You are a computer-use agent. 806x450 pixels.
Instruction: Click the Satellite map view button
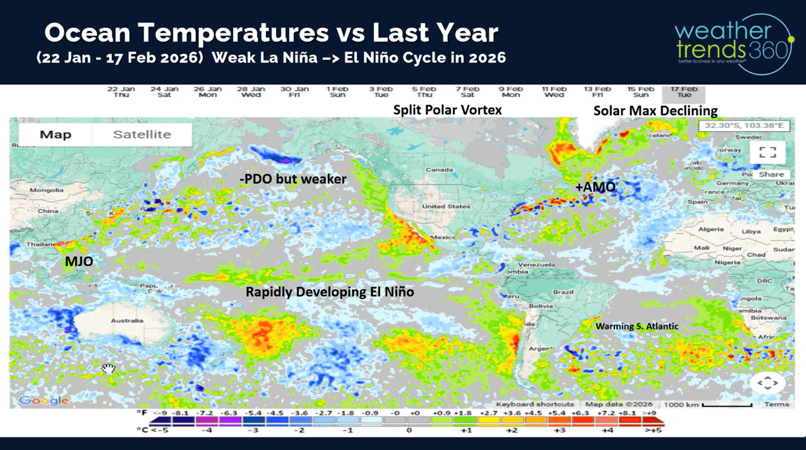click(142, 134)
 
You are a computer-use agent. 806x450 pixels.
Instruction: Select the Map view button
click(55, 134)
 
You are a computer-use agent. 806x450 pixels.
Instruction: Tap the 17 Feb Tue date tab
click(684, 92)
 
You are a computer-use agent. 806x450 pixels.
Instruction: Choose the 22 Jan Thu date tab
click(121, 92)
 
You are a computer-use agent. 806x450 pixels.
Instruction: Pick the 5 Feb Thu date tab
click(424, 92)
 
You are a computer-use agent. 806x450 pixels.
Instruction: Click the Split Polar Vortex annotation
click(447, 110)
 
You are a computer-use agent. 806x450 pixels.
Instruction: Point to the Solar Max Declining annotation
click(655, 111)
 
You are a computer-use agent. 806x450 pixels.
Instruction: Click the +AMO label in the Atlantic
click(595, 187)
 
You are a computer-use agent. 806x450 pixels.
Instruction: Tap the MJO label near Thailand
click(78, 262)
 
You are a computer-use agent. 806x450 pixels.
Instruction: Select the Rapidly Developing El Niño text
click(329, 291)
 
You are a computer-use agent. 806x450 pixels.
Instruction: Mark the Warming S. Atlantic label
click(637, 326)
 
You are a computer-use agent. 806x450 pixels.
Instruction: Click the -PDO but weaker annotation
click(292, 179)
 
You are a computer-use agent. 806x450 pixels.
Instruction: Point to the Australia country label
click(126, 321)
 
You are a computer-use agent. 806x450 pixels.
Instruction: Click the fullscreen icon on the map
click(767, 152)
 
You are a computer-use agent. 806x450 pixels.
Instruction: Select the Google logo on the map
click(43, 400)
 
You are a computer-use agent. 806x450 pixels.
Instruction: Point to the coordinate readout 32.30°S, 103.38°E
click(743, 125)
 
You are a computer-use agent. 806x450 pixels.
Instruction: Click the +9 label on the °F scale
click(651, 412)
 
